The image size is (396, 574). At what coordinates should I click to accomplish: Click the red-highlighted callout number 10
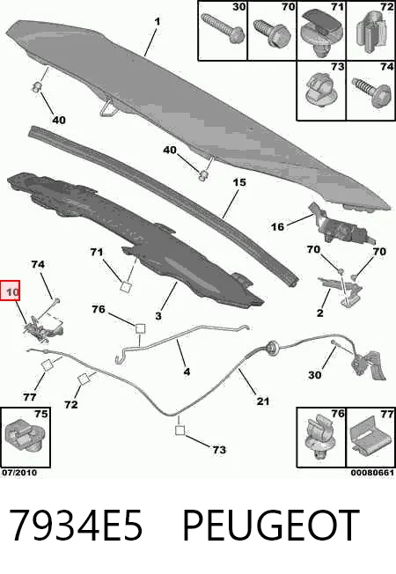pos(12,292)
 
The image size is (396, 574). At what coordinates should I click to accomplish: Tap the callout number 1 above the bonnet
pos(158,22)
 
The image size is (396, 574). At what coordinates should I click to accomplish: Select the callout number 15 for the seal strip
pos(239,182)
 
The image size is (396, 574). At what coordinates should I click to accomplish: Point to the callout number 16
pos(277,227)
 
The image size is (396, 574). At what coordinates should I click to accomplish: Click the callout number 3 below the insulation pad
pos(158,315)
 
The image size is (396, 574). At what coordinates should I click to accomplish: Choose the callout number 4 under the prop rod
pos(187,372)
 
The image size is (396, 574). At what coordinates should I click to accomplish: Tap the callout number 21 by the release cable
pos(263,401)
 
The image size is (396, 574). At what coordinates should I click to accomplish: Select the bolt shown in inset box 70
pos(272,33)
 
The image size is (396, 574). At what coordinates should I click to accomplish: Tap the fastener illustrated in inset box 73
pos(319,90)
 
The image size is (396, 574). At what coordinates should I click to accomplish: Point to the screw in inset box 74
pos(370,92)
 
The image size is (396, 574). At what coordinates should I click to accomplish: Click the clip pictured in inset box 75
pos(24,439)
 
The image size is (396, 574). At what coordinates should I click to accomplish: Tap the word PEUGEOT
pos(270,526)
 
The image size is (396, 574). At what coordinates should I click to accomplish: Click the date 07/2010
pos(19,473)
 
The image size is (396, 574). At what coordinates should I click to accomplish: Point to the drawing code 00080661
pos(372,473)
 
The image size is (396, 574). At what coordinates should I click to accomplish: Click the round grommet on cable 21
pos(272,348)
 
